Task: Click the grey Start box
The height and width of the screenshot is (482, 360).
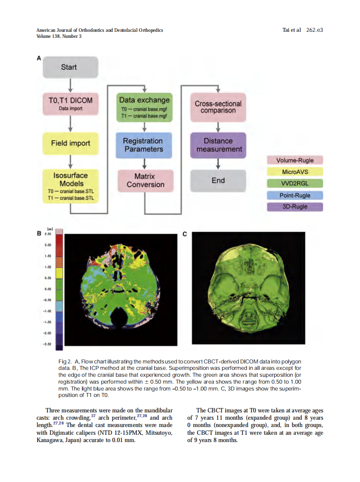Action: pos(69,67)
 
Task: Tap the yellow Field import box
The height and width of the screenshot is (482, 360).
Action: pos(70,143)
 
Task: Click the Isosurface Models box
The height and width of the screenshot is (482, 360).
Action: pos(70,186)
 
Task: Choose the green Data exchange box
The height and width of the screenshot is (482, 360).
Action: pos(144,107)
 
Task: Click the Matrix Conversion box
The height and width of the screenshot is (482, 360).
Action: pos(145,180)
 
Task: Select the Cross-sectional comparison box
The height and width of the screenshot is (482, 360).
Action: pos(218,107)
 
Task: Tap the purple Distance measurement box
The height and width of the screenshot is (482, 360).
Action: pos(218,145)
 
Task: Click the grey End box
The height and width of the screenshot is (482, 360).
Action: pos(218,180)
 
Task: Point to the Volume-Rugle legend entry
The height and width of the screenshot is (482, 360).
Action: pos(295,160)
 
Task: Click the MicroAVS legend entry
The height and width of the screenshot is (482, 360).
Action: pos(295,172)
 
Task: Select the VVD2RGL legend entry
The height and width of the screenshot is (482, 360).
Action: pos(295,183)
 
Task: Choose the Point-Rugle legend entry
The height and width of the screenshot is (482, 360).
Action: pos(295,195)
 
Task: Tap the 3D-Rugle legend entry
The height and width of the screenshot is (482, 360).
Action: pos(295,207)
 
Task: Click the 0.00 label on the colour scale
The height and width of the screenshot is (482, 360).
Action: pos(48,289)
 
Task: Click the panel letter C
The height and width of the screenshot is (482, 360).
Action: pos(185,234)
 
